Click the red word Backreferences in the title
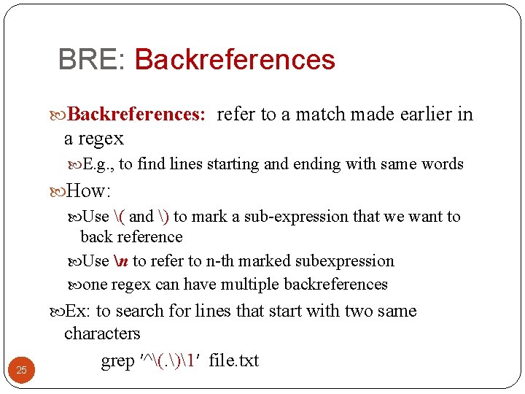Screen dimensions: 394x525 [234, 60]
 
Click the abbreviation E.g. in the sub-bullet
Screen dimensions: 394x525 [98, 164]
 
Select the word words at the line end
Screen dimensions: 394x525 [439, 164]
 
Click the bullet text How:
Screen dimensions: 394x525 [87, 192]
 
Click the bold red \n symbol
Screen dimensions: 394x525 [120, 261]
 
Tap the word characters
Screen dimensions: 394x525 [102, 333]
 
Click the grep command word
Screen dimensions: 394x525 [117, 361]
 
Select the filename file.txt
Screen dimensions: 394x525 [233, 361]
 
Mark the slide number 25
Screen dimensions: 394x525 [21, 371]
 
